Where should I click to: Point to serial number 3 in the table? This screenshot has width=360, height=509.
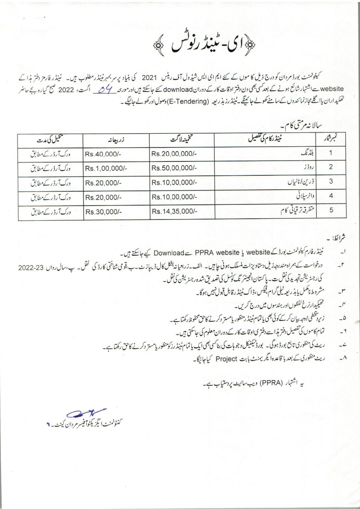coord(331,181)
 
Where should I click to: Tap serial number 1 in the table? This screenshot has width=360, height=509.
coord(331,153)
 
